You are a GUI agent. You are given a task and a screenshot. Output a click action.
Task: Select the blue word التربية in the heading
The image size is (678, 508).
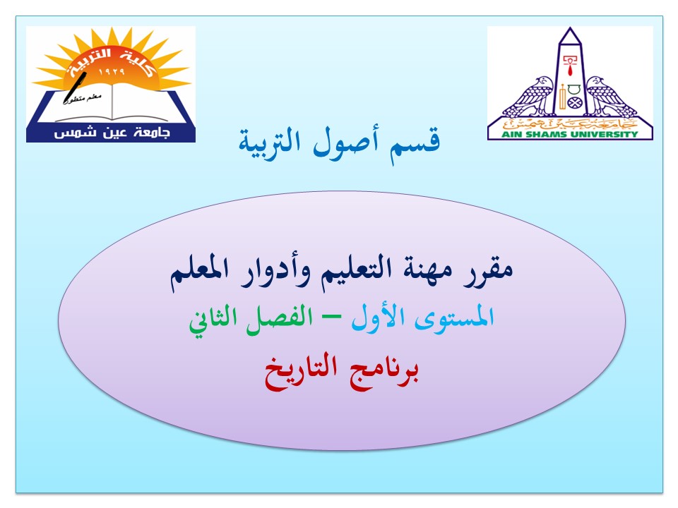pos(270,143)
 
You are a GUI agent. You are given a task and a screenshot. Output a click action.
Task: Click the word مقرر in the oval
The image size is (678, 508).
pos(489,271)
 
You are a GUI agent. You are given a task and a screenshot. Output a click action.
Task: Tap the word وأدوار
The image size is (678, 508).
pos(273,272)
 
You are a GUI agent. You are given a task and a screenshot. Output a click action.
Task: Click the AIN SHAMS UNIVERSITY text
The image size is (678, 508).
pos(569,134)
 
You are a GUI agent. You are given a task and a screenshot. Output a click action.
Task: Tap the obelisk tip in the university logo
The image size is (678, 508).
pos(570,28)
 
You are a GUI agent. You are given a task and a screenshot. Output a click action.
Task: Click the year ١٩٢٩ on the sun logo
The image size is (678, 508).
pos(112,72)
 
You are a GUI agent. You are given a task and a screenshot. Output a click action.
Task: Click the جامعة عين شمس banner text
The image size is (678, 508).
pos(112,133)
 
